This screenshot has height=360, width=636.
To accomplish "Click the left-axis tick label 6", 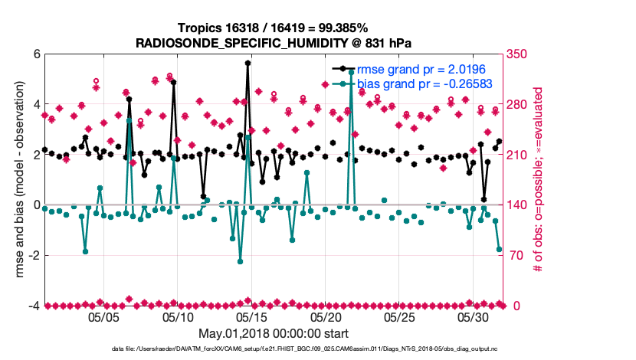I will (36, 54).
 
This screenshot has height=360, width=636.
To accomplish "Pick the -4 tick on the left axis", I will (34, 306).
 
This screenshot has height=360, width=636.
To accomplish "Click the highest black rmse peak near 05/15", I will (248, 64).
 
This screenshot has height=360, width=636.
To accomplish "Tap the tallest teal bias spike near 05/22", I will (351, 72).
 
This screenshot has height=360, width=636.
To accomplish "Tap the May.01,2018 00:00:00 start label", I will (274, 333).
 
